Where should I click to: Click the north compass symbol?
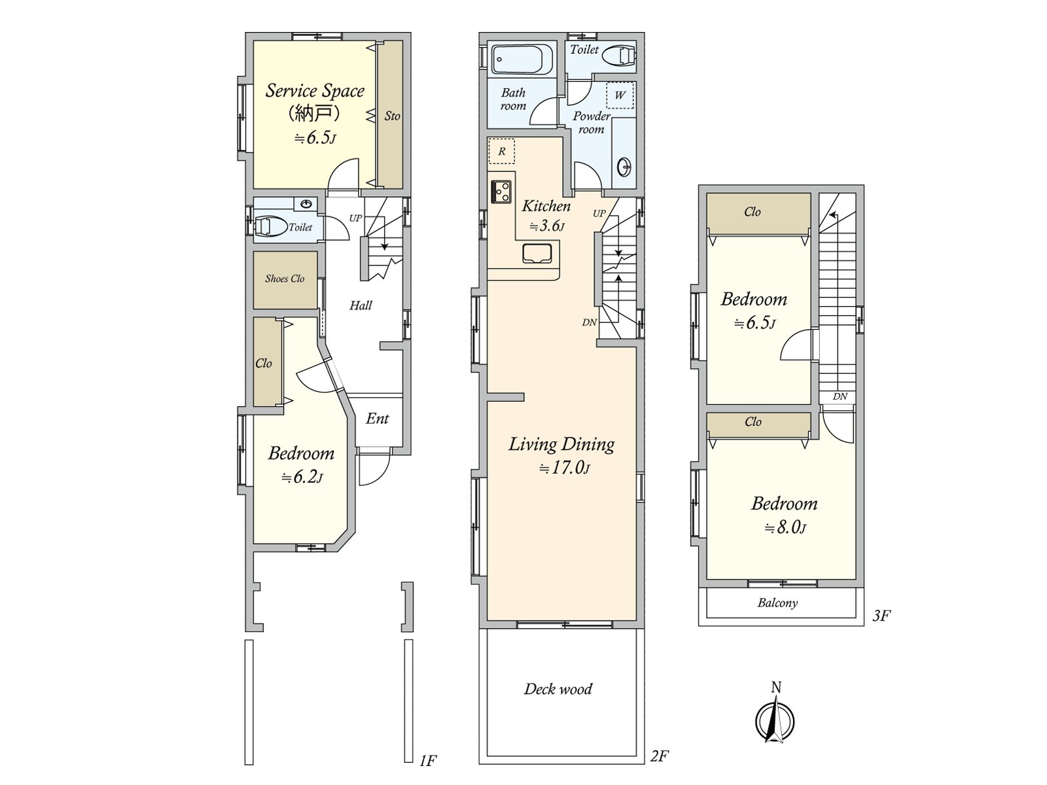[x=775, y=720]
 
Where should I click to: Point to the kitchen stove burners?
[x=501, y=192]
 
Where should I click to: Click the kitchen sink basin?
[x=537, y=253]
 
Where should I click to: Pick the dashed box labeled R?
[x=501, y=152]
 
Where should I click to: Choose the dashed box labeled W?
[x=620, y=96]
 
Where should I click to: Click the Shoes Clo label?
[x=285, y=279]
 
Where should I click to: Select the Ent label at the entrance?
[x=378, y=419]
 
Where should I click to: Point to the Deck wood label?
[x=558, y=689]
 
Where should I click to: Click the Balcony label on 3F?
[x=777, y=603]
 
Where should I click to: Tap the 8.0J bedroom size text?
[x=785, y=528]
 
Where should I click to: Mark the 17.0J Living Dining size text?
[x=564, y=468]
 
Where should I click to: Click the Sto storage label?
[x=392, y=116]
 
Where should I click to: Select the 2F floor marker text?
[x=659, y=769]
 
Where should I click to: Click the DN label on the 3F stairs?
[x=840, y=396]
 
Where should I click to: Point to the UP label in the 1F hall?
[x=356, y=218]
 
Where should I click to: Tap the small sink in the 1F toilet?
[x=306, y=204]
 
